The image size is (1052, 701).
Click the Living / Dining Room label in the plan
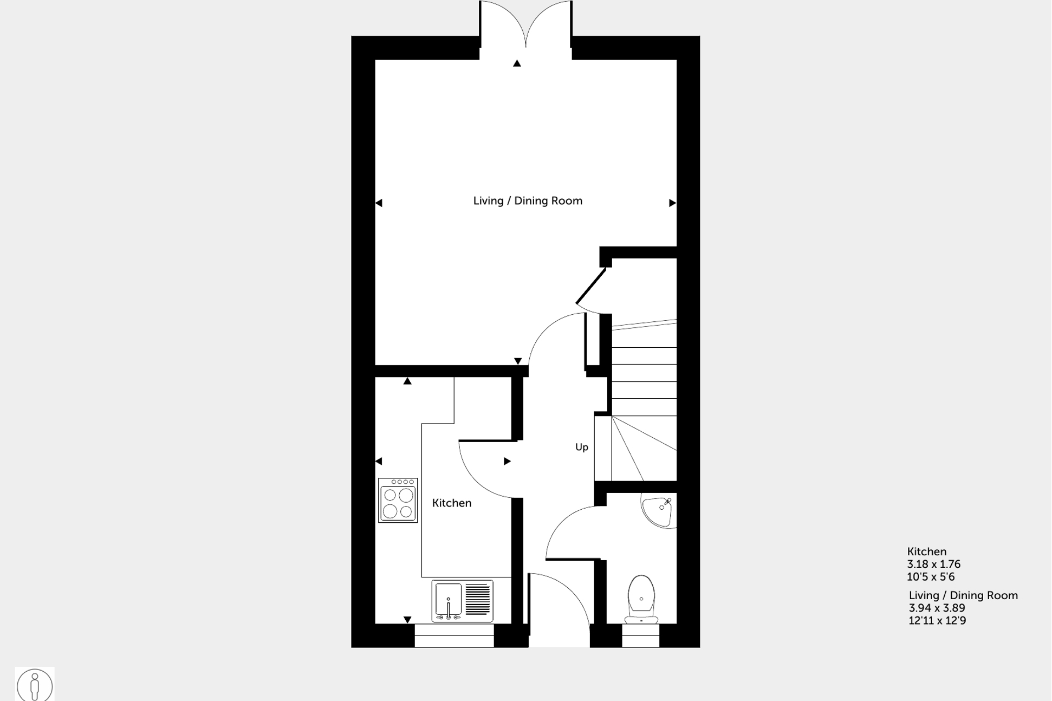pyautogui.click(x=528, y=201)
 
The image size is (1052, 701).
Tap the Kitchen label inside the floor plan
pyautogui.click(x=452, y=503)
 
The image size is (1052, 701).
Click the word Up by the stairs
pyautogui.click(x=581, y=447)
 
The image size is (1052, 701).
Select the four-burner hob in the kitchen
pyautogui.click(x=398, y=501)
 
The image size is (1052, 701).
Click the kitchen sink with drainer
pyautogui.click(x=462, y=601)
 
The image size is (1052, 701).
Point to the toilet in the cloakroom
pyautogui.click(x=641, y=599)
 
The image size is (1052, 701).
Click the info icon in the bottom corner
pyautogui.click(x=35, y=685)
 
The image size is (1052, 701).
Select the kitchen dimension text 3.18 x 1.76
pyautogui.click(x=933, y=564)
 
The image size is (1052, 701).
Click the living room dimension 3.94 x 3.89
pyautogui.click(x=937, y=608)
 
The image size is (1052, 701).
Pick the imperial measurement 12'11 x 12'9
pyautogui.click(x=937, y=621)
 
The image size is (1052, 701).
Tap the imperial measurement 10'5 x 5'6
pyautogui.click(x=931, y=577)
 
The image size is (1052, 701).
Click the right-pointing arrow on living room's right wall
pyautogui.click(x=672, y=203)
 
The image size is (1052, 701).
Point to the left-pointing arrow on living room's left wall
pyautogui.click(x=379, y=203)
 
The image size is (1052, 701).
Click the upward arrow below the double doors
pyautogui.click(x=517, y=63)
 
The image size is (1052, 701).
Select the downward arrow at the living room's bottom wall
pyautogui.click(x=518, y=361)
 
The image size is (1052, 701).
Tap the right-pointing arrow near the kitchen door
pyautogui.click(x=507, y=462)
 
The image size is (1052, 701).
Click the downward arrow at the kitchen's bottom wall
pyautogui.click(x=407, y=619)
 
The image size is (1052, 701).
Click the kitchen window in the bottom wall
pyautogui.click(x=454, y=635)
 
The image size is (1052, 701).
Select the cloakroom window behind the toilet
pyautogui.click(x=640, y=635)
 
